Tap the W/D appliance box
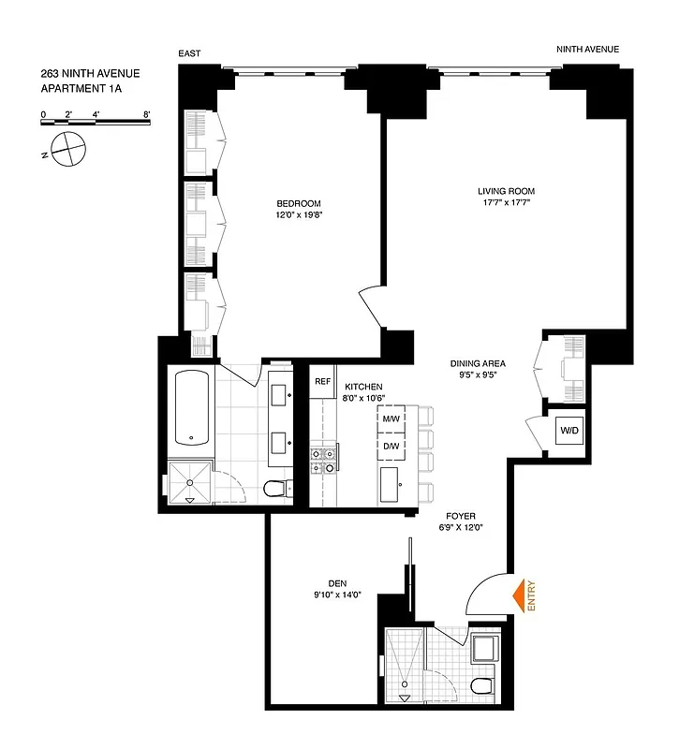[568, 432]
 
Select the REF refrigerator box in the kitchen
[322, 382]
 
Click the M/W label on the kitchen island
[391, 419]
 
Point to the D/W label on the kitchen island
[391, 446]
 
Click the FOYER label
[459, 515]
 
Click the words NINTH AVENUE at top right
[587, 50]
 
